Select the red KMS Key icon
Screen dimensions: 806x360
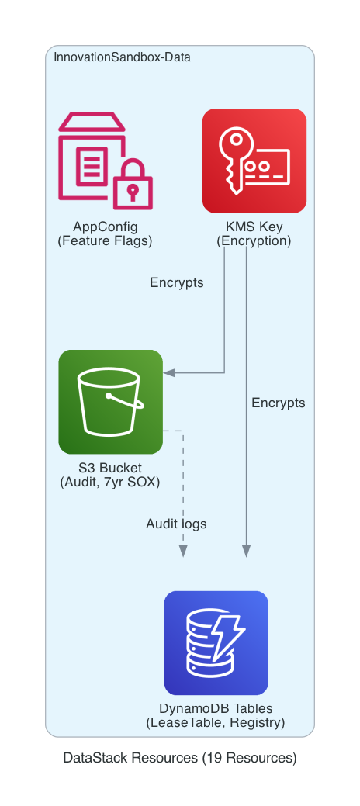pos(254,161)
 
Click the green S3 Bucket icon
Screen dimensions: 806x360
pos(110,402)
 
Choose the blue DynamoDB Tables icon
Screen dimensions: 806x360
pos(216,643)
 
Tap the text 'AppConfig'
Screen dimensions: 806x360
pos(105,227)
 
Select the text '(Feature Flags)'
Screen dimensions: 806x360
pos(105,240)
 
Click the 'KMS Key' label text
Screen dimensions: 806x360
pos(254,227)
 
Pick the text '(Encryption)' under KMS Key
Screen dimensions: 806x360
pos(254,240)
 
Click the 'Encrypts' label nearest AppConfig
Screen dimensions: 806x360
pos(177,282)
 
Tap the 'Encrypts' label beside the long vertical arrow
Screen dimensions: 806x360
pos(279,403)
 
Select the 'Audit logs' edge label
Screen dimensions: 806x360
pos(176,524)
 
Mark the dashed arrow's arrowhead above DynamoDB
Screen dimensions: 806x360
pos(183,551)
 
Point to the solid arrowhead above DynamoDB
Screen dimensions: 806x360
pos(247,551)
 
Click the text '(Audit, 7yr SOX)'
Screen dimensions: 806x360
pos(110,482)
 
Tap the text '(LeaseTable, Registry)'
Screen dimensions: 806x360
pos(216,723)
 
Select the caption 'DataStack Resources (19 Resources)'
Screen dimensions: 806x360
pos(179,758)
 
